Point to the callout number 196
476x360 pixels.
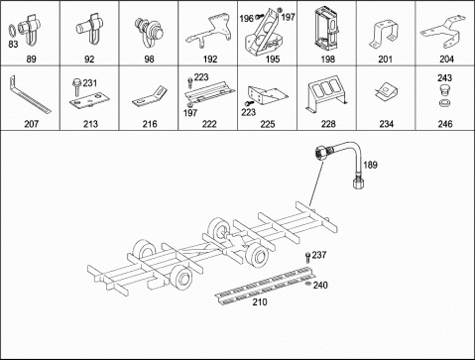click(247, 17)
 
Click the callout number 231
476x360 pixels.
click(89, 82)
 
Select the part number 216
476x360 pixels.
click(150, 125)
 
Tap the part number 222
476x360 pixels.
click(209, 125)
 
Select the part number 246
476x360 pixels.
click(445, 125)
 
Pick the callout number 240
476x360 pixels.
click(320, 285)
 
